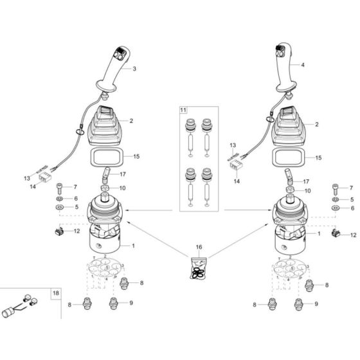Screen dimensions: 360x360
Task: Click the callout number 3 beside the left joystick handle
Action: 135,67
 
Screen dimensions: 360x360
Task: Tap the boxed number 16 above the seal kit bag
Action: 199,246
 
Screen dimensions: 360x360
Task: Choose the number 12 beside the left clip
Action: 75,231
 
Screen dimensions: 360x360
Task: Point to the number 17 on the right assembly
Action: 305,181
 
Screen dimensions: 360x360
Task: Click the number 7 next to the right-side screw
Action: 351,187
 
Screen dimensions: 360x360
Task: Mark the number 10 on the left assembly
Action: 131,188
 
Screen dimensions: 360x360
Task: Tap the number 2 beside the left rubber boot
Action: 130,121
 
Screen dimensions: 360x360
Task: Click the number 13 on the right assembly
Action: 233,146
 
